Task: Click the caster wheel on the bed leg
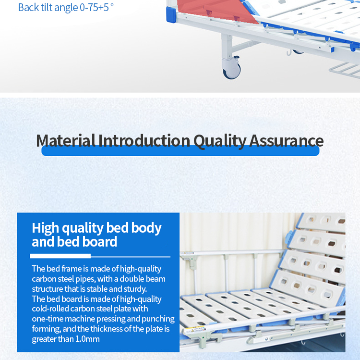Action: pos(232,71)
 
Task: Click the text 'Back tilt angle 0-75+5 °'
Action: pos(66,8)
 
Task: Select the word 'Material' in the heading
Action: pos(66,140)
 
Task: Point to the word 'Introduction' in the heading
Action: pos(144,140)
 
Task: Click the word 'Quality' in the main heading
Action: pos(220,141)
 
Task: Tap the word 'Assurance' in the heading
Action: pos(287,140)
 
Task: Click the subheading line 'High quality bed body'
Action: pos(96,228)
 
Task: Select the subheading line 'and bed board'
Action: pos(74,242)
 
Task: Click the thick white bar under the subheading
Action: pos(60,256)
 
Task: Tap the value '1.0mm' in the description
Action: pos(87,339)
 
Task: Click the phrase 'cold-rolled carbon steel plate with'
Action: pos(90,309)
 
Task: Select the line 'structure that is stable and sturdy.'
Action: pos(89,289)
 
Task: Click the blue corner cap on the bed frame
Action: pos(171,14)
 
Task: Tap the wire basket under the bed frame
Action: pos(344,71)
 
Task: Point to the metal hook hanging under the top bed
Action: pos(289,53)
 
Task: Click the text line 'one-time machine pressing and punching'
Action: pos(103,319)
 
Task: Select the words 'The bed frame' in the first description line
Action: pos(57,269)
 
